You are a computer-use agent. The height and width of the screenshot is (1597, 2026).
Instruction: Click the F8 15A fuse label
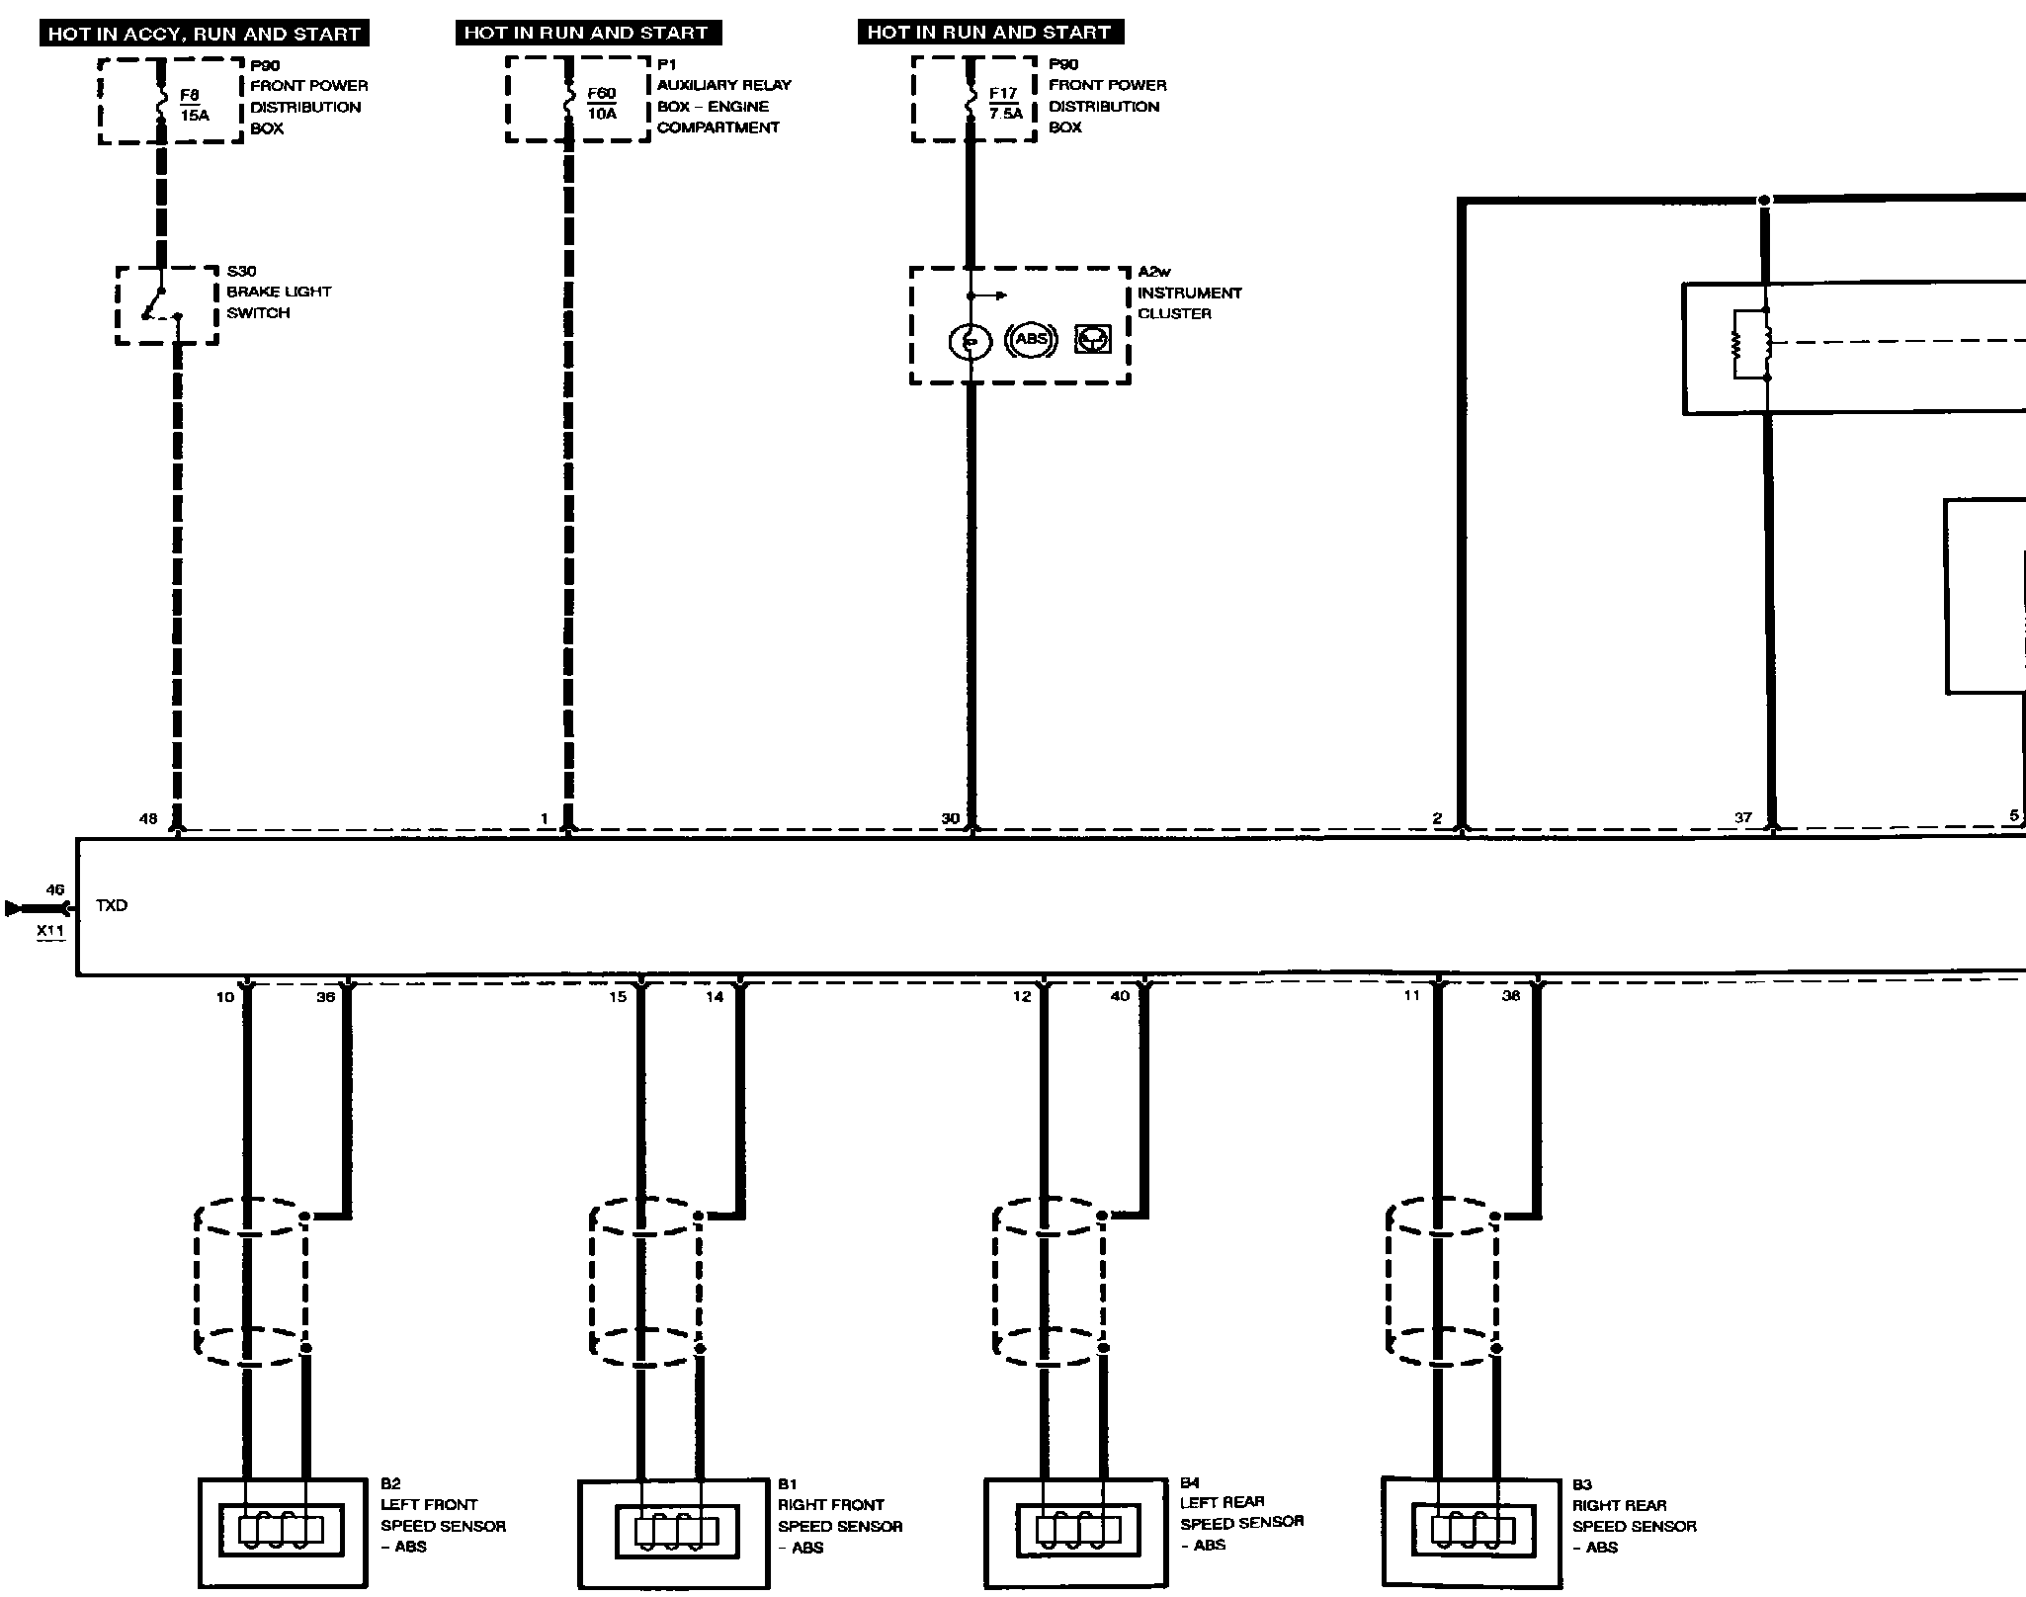(194, 105)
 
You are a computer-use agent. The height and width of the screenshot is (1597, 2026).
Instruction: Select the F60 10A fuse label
(601, 103)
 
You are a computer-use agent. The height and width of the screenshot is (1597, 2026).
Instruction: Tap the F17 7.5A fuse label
(1004, 103)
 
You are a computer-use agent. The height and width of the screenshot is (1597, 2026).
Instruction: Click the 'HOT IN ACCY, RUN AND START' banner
(204, 34)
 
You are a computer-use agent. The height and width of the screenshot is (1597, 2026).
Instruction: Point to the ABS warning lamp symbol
(1031, 339)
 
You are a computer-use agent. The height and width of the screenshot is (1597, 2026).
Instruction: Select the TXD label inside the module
(112, 905)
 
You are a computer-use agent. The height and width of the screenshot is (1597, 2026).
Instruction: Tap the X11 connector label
(50, 930)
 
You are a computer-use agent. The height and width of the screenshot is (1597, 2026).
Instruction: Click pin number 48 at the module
(148, 818)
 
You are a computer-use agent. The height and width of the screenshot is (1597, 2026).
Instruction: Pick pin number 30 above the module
(950, 818)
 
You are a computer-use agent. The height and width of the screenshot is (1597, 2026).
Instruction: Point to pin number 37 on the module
(1743, 817)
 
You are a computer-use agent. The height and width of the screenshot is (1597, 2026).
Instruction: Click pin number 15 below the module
(618, 996)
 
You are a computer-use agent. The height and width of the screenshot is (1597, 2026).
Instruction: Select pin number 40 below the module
(1120, 996)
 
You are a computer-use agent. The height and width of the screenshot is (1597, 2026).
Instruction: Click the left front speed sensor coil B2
(281, 1530)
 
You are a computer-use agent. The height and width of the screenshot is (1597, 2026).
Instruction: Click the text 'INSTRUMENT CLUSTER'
(1189, 303)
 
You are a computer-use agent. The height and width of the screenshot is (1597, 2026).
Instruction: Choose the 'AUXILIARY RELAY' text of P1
(724, 85)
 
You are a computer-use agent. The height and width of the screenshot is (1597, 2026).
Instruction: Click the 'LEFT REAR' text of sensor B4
(1223, 1502)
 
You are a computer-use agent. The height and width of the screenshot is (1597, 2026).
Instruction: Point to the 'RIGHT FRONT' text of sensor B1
(831, 1505)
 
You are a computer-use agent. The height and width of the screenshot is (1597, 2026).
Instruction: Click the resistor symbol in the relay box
(1736, 344)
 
